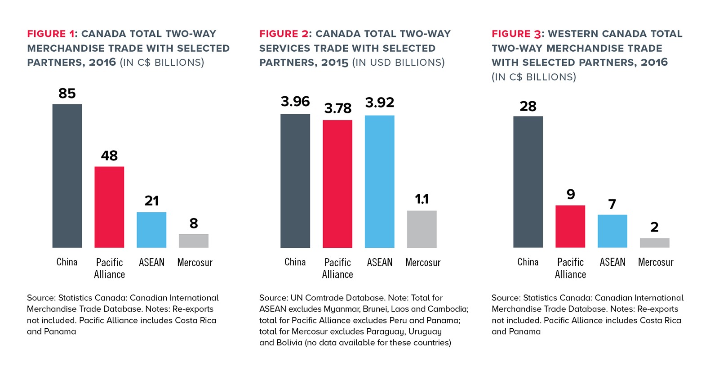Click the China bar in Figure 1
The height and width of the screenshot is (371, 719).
(x=67, y=176)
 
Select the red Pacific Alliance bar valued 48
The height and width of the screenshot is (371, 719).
(x=109, y=207)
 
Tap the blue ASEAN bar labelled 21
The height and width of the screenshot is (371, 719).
(x=151, y=230)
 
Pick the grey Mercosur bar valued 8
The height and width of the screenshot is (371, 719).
(x=194, y=241)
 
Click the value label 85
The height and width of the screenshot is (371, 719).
(x=67, y=94)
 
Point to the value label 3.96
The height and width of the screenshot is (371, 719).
(x=295, y=102)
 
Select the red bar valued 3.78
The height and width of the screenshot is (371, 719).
(x=337, y=183)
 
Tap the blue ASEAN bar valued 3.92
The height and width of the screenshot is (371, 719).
(x=380, y=181)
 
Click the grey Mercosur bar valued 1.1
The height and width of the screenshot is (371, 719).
(x=422, y=229)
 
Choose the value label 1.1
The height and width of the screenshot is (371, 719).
(x=422, y=199)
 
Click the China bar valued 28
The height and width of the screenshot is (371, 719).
(x=528, y=182)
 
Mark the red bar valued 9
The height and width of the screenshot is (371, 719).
(x=570, y=226)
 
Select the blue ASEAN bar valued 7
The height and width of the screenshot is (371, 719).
(x=612, y=231)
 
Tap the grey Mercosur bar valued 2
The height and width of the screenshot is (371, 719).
(x=654, y=243)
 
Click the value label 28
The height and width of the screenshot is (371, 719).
(x=528, y=107)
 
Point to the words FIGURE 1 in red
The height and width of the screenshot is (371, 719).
(x=51, y=34)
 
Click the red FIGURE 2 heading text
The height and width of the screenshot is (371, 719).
(x=284, y=34)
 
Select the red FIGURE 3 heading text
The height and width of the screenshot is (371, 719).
(x=516, y=34)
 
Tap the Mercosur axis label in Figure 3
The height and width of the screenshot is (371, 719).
(x=656, y=262)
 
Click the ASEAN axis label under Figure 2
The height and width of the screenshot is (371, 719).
(x=380, y=262)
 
